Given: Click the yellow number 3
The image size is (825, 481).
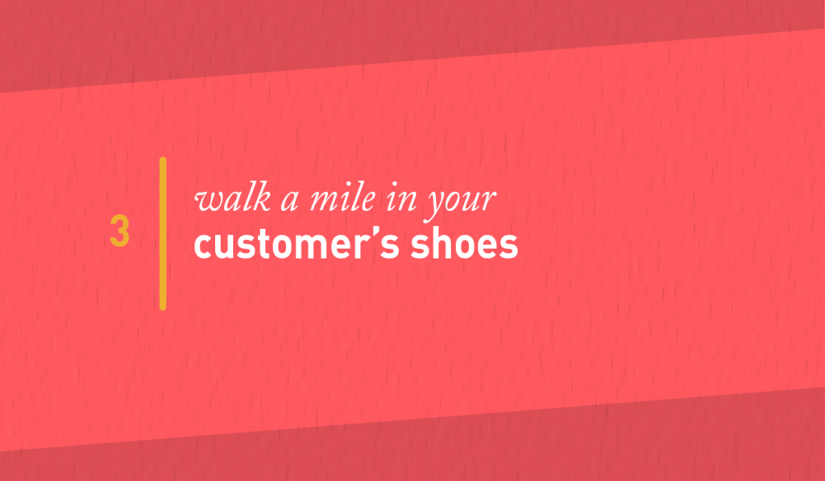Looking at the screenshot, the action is click(x=119, y=230).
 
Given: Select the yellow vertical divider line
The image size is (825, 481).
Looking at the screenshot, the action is click(x=163, y=234).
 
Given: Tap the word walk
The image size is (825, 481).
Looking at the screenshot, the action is click(x=233, y=199).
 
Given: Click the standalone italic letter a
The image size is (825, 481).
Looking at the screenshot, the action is click(x=290, y=202).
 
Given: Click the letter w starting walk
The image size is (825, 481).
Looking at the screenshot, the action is click(x=207, y=202).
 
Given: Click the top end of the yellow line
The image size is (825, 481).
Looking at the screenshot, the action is click(x=163, y=157).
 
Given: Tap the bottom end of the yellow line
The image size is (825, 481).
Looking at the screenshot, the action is click(x=163, y=309).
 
